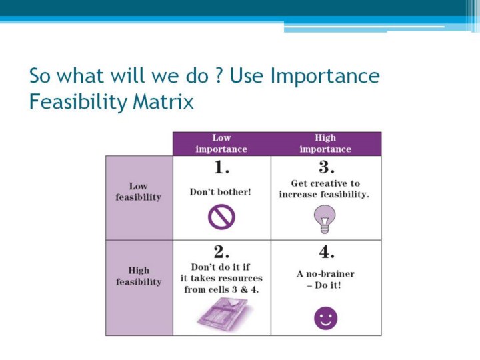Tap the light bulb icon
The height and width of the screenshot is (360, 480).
(x=325, y=219)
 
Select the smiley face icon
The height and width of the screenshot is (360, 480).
(x=326, y=319)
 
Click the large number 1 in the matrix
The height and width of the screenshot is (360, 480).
(x=221, y=167)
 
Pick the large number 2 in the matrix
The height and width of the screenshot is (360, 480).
(x=221, y=252)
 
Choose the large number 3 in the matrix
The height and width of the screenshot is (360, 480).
(x=326, y=167)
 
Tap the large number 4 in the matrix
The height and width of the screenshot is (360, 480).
(x=326, y=252)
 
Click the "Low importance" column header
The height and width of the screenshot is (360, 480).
(x=221, y=143)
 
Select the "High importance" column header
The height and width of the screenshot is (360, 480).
(x=325, y=143)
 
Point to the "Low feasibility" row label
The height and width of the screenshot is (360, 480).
(x=139, y=191)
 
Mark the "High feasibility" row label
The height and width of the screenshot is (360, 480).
(x=139, y=276)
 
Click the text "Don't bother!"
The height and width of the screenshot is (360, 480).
(x=221, y=192)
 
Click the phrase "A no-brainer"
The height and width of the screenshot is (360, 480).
(x=325, y=274)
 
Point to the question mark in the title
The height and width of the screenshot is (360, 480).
(x=219, y=75)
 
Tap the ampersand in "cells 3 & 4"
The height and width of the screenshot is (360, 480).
(x=244, y=289)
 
